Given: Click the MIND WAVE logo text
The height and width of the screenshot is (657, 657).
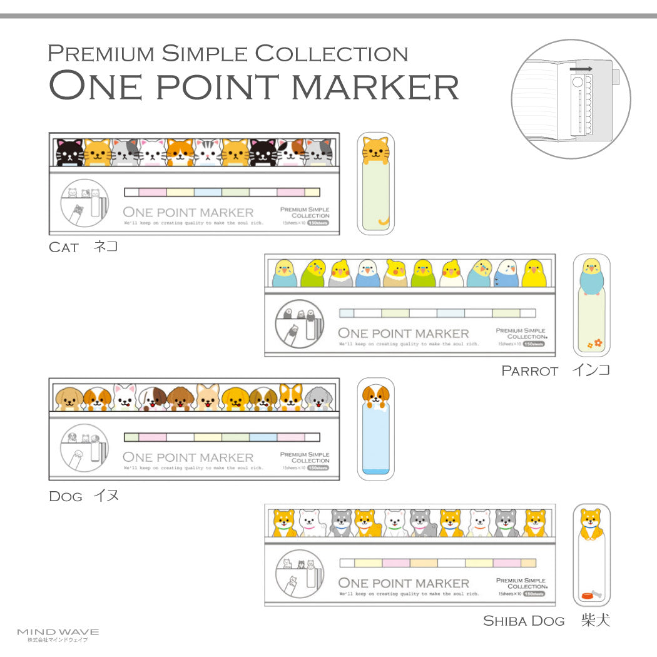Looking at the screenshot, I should tap(58, 632).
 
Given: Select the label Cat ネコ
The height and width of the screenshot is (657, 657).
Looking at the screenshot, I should tap(83, 247).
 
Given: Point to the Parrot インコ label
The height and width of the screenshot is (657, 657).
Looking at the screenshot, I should tap(555, 370).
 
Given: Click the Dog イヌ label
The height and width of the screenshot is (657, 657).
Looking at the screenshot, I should tap(84, 496).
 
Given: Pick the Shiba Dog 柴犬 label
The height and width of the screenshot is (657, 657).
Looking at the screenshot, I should tap(546, 621).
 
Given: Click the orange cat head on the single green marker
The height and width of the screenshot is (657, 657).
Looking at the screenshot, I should tap(375, 150).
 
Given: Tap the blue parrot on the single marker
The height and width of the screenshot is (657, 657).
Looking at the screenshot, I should tap(591, 274).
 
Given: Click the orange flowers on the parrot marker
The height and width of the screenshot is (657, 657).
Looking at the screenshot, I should tap(594, 343).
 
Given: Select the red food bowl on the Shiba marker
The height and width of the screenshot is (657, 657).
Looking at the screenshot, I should tap(586, 595).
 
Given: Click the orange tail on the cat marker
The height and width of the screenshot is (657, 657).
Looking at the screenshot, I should tap(383, 222).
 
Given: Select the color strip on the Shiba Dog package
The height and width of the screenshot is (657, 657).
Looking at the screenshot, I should tap(437, 563).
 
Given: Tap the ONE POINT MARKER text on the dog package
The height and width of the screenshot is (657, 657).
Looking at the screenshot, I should tap(188, 457).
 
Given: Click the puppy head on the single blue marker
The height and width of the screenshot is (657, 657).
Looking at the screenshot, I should tap(375, 396).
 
